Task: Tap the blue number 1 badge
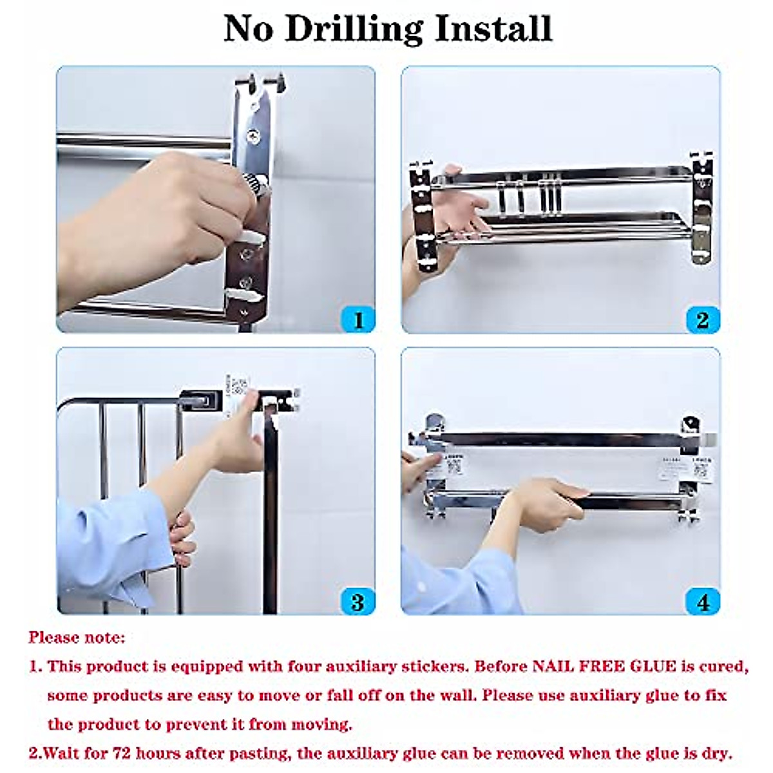coord(358,320)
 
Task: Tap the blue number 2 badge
coord(702,320)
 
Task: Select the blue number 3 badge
coord(358,602)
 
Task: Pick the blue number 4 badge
coord(702,602)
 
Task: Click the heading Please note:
coord(77,638)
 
